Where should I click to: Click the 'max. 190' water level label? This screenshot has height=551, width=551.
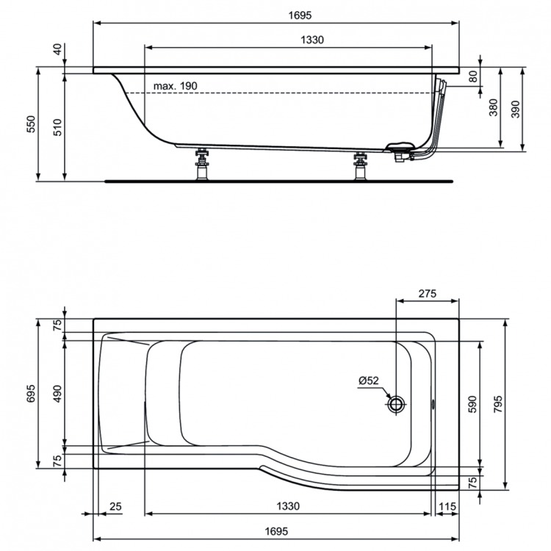click(175, 86)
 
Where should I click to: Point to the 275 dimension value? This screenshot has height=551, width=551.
click(426, 293)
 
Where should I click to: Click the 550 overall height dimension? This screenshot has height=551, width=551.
click(31, 124)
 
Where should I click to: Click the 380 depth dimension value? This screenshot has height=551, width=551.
click(494, 107)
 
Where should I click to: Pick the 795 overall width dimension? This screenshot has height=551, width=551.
click(519, 405)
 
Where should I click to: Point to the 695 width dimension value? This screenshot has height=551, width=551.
click(31, 393)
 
